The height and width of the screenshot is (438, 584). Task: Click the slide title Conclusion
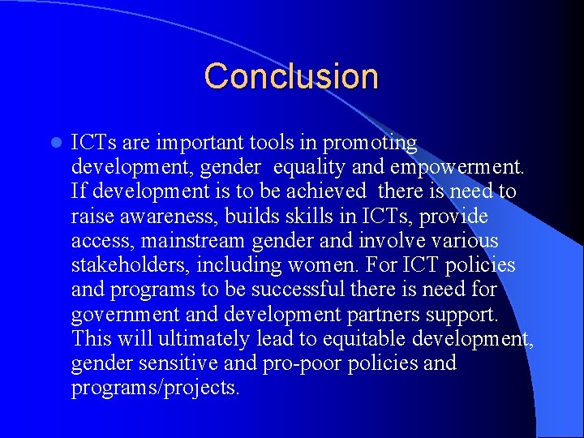pos(291,76)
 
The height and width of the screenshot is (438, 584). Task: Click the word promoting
pos(370,144)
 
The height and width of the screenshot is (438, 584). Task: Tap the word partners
pos(381,314)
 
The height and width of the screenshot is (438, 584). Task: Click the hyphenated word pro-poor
pos(303,363)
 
